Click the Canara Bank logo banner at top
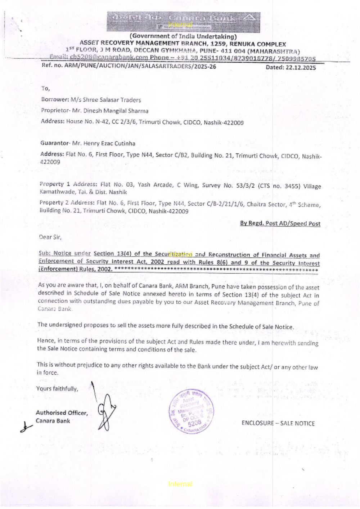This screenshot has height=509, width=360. coord(184,22)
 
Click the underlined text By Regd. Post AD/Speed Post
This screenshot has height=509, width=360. coord(280,223)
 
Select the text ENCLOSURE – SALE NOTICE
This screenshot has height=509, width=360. coord(278,423)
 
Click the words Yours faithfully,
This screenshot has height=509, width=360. coord(57,389)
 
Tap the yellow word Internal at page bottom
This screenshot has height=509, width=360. coord(180,484)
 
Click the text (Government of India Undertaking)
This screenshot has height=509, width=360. coord(183,36)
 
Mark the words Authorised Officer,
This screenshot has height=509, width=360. coord(62,413)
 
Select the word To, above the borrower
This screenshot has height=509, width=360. coord(45,89)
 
